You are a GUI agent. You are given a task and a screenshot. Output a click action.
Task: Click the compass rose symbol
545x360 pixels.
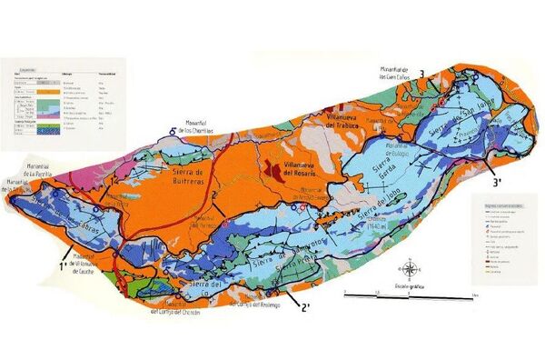click(411, 270)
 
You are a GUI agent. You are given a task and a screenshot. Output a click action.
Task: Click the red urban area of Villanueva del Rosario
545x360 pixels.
click(270, 168)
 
